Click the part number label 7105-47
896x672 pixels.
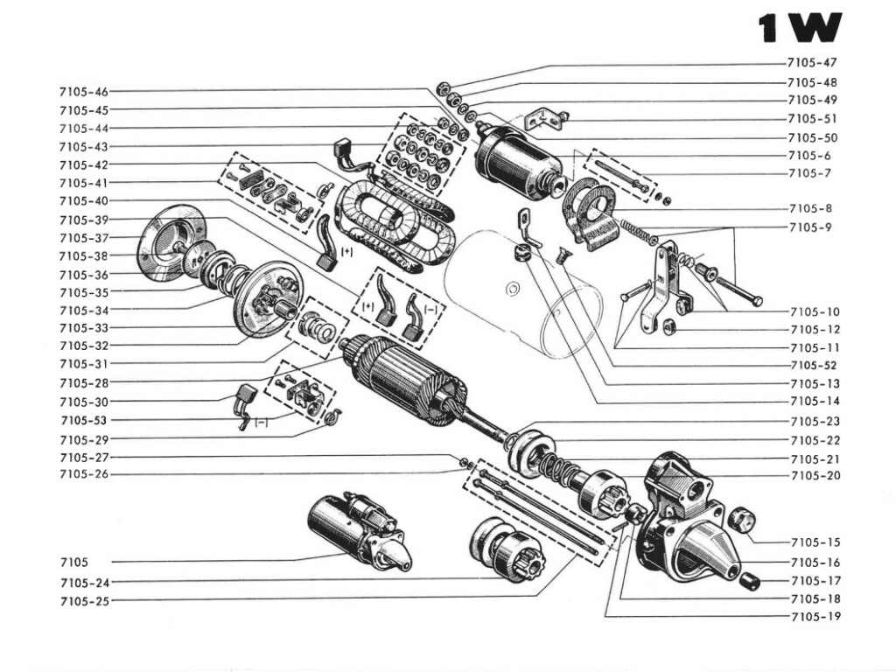[812, 64]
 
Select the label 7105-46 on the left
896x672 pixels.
[84, 91]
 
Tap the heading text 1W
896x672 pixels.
[800, 29]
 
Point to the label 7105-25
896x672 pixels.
[84, 601]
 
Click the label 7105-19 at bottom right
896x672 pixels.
[815, 617]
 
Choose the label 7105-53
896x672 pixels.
[85, 420]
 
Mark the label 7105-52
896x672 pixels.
[814, 365]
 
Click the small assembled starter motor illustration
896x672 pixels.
[360, 530]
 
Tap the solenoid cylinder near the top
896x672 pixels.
[517, 158]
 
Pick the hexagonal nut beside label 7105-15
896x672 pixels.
[742, 519]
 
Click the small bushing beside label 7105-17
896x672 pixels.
[748, 581]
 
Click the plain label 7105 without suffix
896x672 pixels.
[74, 562]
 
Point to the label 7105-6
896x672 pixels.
[808, 155]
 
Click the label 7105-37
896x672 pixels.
[84, 238]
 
